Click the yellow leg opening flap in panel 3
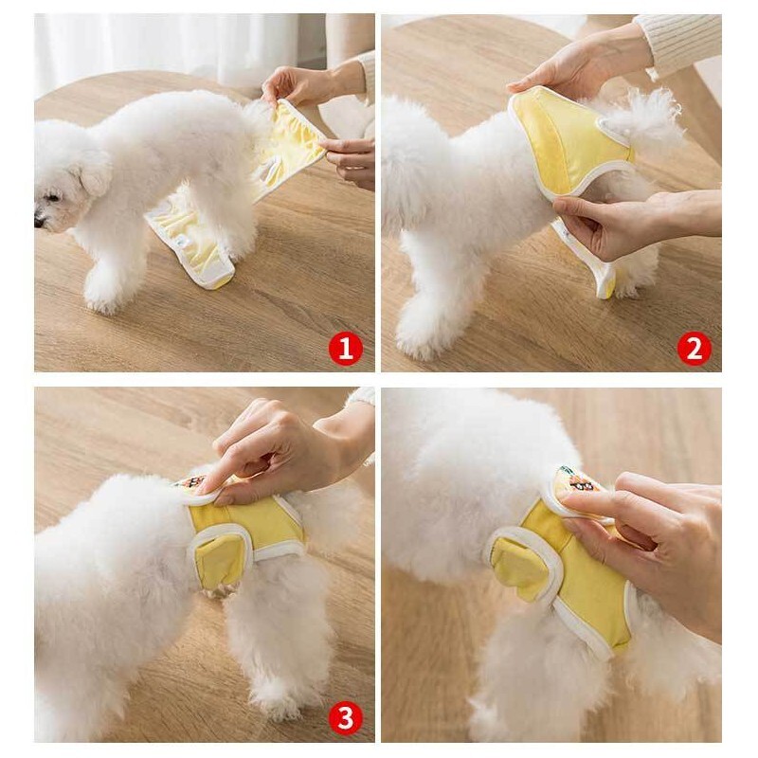pos(220,559)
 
